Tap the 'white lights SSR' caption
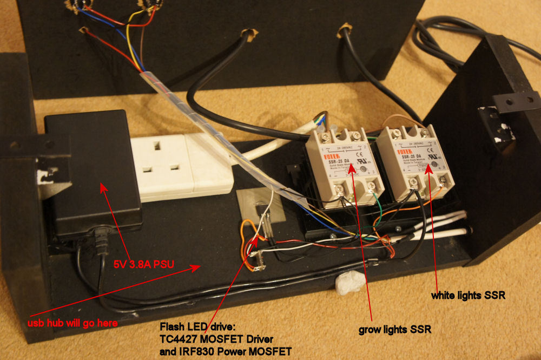pyautogui.click(x=468, y=296)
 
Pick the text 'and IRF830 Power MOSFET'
pyautogui.click(x=226, y=351)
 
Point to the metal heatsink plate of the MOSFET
pyautogui.click(x=260, y=206)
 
